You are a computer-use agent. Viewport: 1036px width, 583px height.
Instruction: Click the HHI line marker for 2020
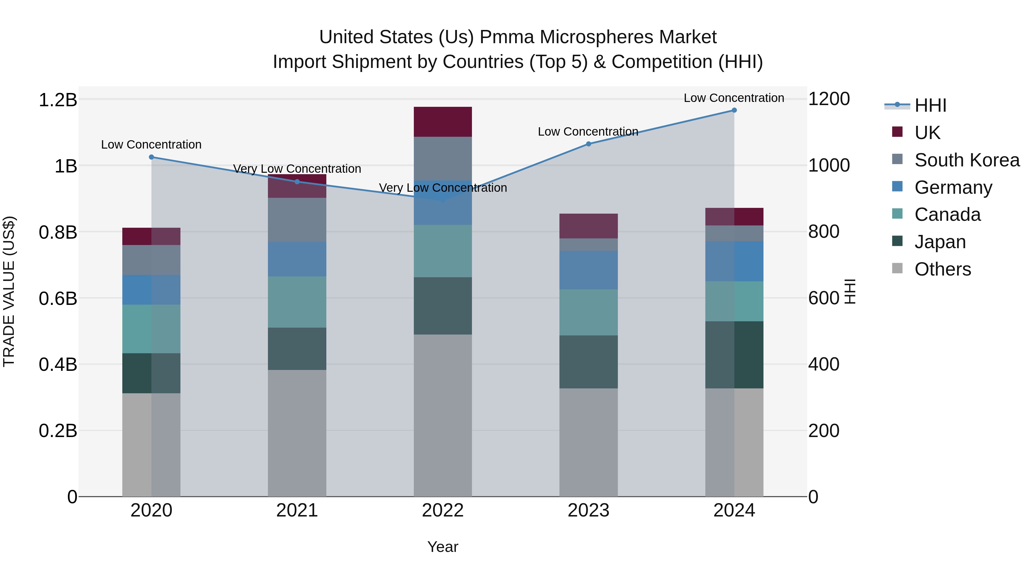pyautogui.click(x=152, y=157)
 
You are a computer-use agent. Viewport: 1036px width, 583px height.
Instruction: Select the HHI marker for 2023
pyautogui.click(x=589, y=144)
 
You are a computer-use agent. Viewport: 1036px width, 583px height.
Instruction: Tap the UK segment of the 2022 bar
pyautogui.click(x=443, y=122)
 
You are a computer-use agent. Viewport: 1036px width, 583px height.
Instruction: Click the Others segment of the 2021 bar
pyautogui.click(x=297, y=433)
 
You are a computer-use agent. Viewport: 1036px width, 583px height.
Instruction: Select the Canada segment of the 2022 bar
pyautogui.click(x=443, y=251)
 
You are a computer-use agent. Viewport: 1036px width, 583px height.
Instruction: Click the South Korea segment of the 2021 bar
pyautogui.click(x=297, y=220)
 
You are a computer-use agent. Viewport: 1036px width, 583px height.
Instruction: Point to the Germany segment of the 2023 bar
pyautogui.click(x=589, y=270)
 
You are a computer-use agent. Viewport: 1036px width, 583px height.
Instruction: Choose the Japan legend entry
pyautogui.click(x=940, y=242)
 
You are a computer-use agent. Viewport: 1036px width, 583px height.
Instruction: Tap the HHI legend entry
pyautogui.click(x=930, y=106)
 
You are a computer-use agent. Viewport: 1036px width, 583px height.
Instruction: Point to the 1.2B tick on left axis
pyautogui.click(x=58, y=100)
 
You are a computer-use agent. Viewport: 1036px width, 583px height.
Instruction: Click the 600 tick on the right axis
pyautogui.click(x=823, y=299)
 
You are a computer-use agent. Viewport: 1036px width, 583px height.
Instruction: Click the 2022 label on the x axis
pyautogui.click(x=443, y=510)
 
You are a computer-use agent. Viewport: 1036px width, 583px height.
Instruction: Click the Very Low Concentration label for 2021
pyautogui.click(x=297, y=169)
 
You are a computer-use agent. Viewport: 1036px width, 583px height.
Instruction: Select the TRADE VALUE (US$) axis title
pyautogui.click(x=9, y=291)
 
